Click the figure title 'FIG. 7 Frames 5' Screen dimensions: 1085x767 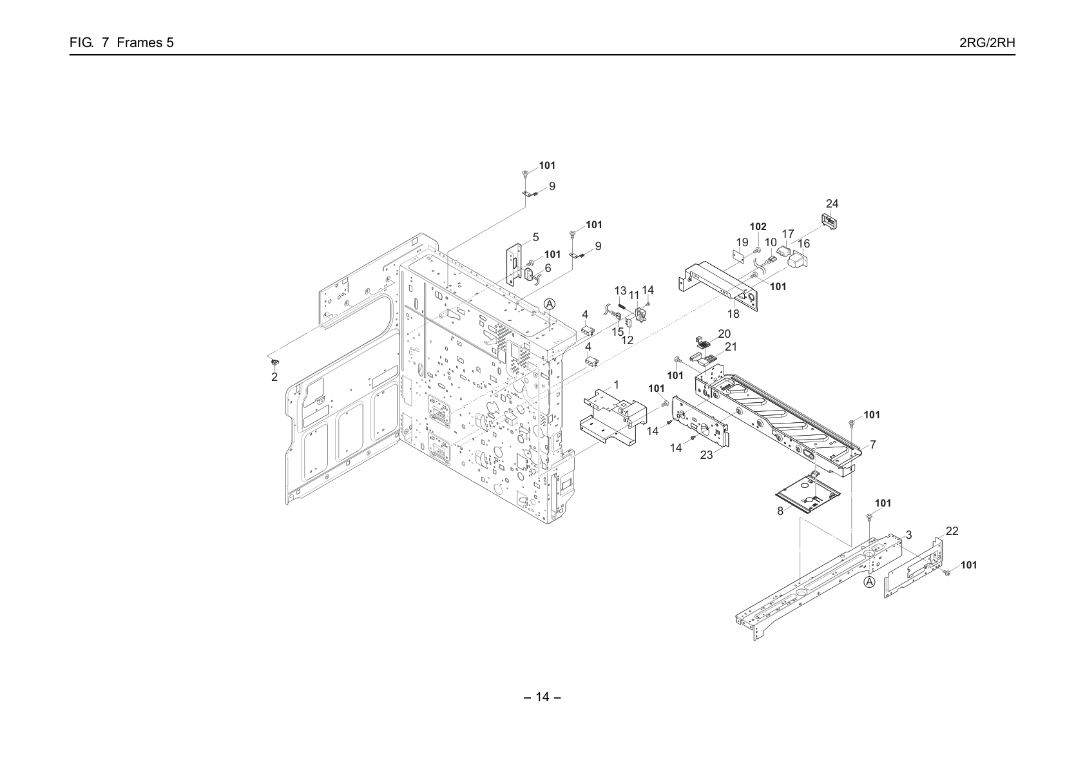pos(122,43)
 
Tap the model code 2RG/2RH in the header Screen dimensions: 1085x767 pos(987,43)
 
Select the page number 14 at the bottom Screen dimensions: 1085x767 pos(542,697)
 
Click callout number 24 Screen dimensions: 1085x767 pos(832,204)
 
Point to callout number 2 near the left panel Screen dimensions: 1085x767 pos(274,377)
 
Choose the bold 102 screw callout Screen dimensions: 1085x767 pos(758,227)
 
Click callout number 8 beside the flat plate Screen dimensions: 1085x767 pos(780,511)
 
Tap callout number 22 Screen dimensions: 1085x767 pos(952,531)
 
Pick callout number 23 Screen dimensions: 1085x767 pos(706,455)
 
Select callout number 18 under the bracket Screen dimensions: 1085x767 pos(733,314)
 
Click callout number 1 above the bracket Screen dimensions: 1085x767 pos(616,385)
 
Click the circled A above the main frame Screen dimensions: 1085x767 pos(550,304)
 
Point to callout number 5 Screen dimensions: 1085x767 pos(535,237)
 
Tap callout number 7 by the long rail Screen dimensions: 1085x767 pos(872,444)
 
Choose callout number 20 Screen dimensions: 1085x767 pos(724,334)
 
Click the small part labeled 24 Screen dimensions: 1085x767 pos(829,221)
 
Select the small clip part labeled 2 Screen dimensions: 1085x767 pos(274,362)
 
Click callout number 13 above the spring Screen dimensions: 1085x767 pos(620,291)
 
